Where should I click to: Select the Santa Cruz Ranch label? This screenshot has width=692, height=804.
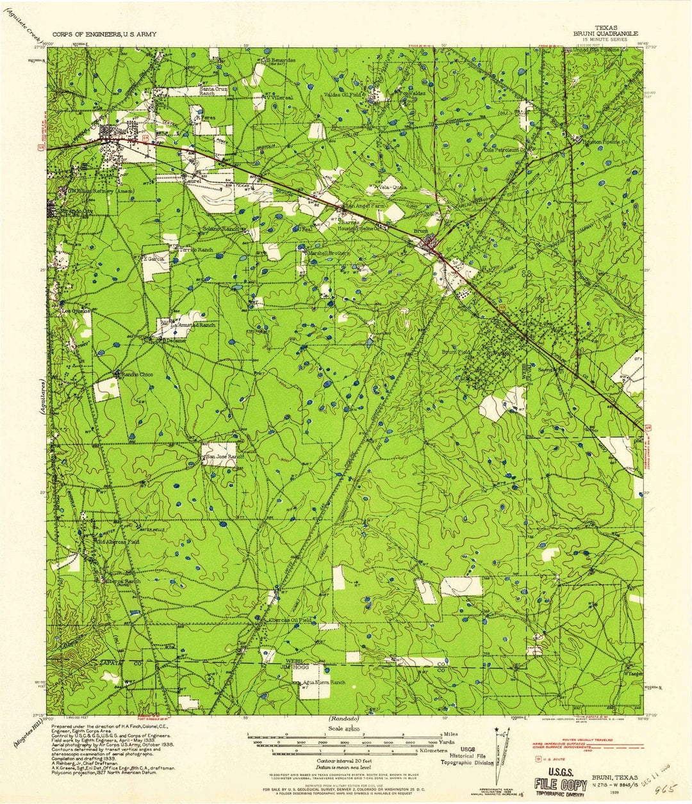pyautogui.click(x=214, y=90)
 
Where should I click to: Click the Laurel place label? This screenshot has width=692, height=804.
pyautogui.click(x=194, y=181)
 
